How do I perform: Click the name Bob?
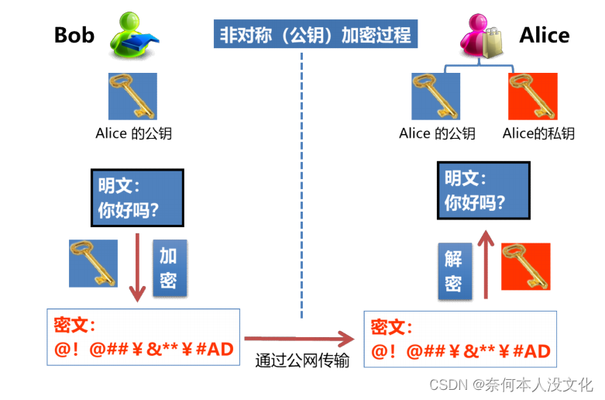tap(74, 35)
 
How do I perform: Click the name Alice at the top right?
tap(544, 35)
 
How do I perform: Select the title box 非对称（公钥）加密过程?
tap(315, 36)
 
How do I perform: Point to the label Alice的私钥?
tap(538, 133)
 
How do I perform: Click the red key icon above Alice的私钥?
tap(533, 97)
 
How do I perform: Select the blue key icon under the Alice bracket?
tap(435, 97)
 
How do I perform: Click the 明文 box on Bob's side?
tap(137, 198)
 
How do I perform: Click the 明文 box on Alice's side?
tap(483, 189)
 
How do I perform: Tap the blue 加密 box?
tap(169, 267)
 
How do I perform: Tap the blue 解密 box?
tap(453, 270)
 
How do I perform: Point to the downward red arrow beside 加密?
tap(137, 267)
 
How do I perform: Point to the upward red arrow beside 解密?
tap(486, 267)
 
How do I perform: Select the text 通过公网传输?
tap(302, 360)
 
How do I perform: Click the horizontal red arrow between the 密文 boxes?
tap(299, 339)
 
